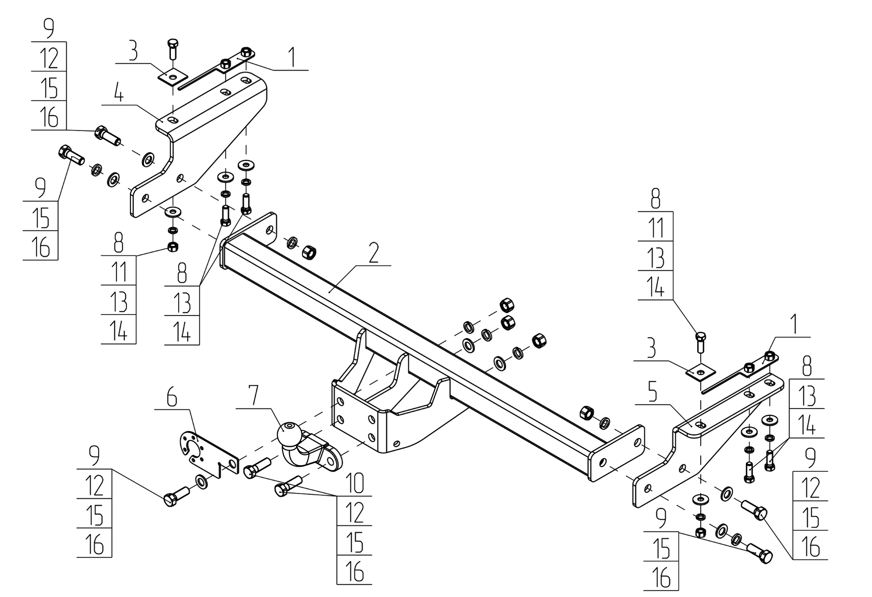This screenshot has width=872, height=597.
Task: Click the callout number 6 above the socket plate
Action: pyautogui.click(x=172, y=398)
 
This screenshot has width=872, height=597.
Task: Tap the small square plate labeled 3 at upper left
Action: pyautogui.click(x=173, y=77)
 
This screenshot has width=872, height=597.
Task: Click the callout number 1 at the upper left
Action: pyautogui.click(x=293, y=58)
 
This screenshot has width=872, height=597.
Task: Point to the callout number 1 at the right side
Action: pyautogui.click(x=794, y=326)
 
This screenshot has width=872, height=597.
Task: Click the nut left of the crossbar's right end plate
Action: pyautogui.click(x=587, y=412)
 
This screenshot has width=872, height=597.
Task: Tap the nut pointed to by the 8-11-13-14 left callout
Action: pyautogui.click(x=173, y=247)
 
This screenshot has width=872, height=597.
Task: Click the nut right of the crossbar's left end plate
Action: pyautogui.click(x=309, y=252)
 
